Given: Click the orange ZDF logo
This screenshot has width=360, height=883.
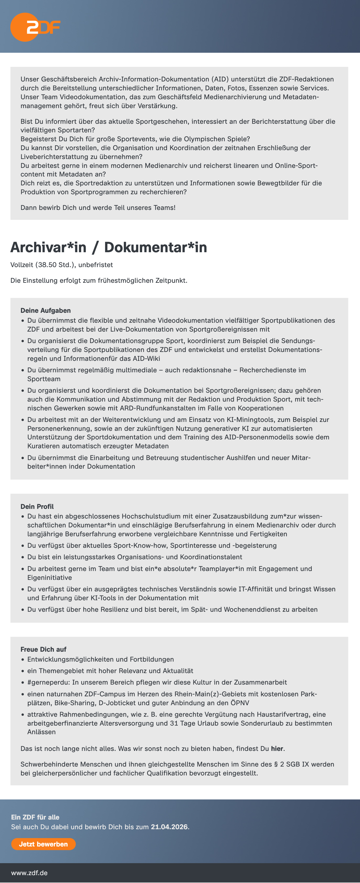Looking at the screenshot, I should coord(35,27).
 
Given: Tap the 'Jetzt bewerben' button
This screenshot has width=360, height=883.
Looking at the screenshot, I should coord(43,844).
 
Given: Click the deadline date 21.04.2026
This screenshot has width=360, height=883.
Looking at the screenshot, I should coord(169,827).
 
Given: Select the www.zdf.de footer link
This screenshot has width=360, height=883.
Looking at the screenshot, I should coord(29,873).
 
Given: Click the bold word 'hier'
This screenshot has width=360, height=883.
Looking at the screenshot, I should coord(277,749).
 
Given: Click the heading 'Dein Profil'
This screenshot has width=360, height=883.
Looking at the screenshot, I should coord(37,506).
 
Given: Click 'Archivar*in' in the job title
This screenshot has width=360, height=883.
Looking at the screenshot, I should coord(48,248).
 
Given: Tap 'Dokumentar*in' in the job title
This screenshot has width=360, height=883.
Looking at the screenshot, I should coord(156,248).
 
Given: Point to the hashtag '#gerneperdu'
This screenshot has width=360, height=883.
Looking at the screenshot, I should coord(48,682).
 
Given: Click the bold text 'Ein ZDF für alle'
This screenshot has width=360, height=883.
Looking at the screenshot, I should coord(35,817).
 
